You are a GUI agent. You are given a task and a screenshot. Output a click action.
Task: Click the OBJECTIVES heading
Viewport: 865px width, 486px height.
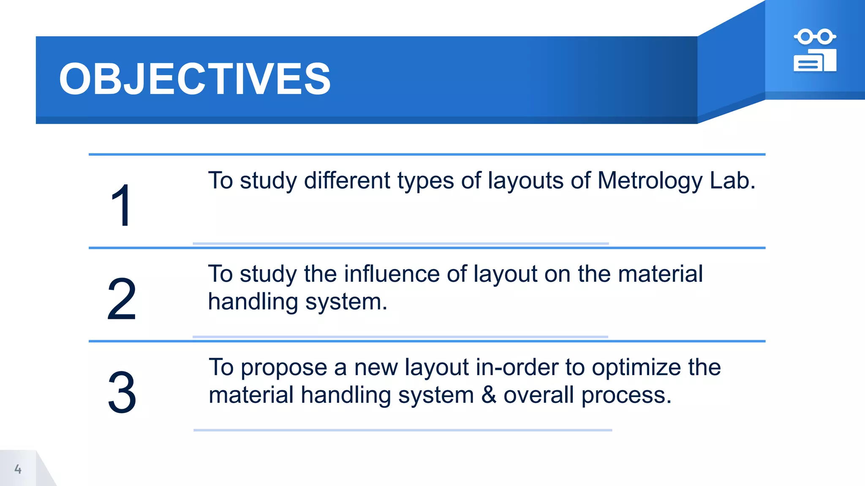click(195, 79)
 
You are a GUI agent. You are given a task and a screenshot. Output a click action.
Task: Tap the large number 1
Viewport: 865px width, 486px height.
click(122, 205)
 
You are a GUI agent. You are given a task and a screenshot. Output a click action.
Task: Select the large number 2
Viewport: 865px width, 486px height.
click(122, 299)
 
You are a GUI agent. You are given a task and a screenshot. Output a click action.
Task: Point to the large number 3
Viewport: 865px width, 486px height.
click(122, 392)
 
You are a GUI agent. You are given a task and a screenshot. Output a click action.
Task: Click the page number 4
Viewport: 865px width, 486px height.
click(18, 469)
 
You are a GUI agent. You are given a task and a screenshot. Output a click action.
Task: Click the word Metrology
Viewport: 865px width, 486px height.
click(650, 181)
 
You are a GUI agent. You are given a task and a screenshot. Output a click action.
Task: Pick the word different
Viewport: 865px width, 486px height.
click(347, 181)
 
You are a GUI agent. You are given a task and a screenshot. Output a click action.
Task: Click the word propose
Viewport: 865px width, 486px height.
click(284, 368)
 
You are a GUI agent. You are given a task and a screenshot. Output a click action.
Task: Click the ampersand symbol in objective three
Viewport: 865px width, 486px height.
click(489, 395)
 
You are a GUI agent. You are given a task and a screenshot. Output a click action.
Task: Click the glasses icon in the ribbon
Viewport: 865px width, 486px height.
click(815, 37)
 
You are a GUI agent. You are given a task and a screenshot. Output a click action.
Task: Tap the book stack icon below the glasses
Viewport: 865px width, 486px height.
click(815, 61)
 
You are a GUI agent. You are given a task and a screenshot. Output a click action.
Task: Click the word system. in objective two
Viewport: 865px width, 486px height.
click(346, 302)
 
